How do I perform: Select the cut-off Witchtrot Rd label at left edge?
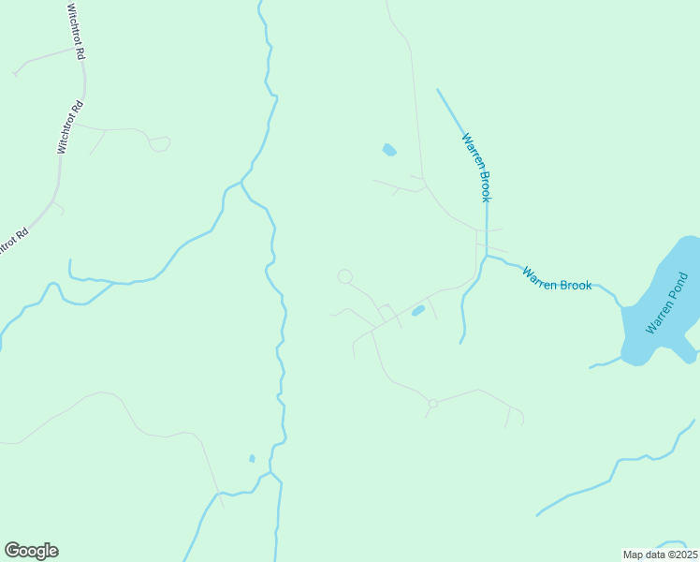tap(13, 240)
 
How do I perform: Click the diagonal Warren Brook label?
tap(476, 167)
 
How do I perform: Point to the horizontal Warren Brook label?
tap(557, 279)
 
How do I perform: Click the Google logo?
tap(31, 551)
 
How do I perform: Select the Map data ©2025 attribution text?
tap(661, 555)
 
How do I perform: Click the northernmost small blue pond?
tap(389, 150)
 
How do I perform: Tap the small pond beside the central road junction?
tap(418, 310)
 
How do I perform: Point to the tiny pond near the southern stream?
tap(252, 458)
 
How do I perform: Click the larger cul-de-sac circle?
tap(345, 276)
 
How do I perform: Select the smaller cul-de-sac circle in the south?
tap(432, 404)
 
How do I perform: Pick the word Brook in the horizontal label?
tap(576, 283)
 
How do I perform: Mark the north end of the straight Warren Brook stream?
tap(437, 90)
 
